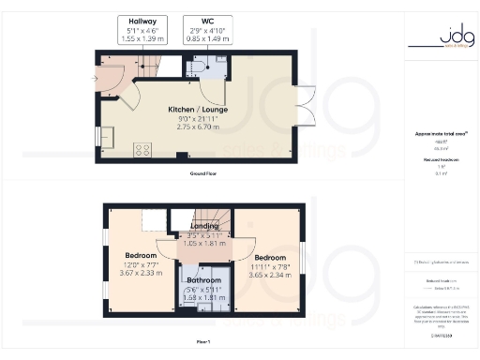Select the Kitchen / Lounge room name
click(x=188, y=109)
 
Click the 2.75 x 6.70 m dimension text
click(x=188, y=125)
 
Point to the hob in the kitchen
click(x=143, y=149)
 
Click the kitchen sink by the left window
click(x=105, y=137)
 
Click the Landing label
click(x=203, y=227)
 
